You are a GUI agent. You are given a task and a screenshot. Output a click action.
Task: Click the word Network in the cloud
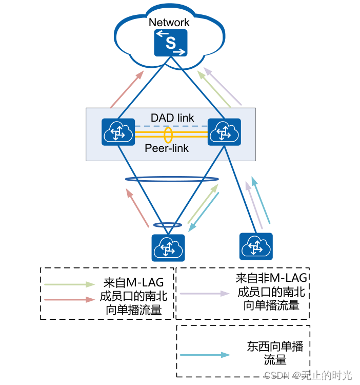tap(169, 22)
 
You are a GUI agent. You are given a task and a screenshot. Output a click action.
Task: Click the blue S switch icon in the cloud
tap(171, 43)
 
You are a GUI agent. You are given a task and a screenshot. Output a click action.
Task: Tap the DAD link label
tap(172, 118)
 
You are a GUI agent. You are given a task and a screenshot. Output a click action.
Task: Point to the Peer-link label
tap(167, 148)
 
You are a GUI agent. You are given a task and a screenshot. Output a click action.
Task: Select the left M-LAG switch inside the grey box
tap(118, 133)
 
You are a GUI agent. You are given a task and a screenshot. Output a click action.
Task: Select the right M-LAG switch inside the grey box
tap(224, 133)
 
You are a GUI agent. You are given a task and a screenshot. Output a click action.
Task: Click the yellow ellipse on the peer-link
tap(168, 135)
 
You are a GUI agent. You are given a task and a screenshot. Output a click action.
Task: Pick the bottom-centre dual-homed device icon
tap(168, 248)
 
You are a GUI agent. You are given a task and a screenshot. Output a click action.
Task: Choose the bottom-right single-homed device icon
tap(256, 247)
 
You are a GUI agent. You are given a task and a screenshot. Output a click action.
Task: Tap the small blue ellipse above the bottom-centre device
tap(168, 225)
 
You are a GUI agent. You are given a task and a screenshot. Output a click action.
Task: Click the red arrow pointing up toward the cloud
tap(127, 90)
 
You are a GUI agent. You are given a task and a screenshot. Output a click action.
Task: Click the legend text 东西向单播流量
tap(275, 353)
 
